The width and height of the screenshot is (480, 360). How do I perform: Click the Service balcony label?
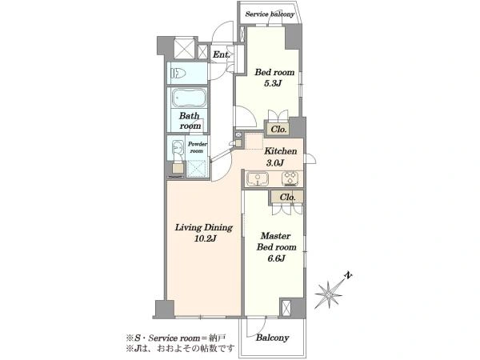pos(270,14)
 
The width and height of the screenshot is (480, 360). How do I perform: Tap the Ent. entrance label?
pos(222,54)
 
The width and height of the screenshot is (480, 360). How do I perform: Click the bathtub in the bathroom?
pos(189,98)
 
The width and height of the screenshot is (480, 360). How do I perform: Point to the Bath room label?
pos(190,121)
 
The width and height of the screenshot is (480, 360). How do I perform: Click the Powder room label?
pos(197,147)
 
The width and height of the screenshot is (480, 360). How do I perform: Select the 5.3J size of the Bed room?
pos(273,83)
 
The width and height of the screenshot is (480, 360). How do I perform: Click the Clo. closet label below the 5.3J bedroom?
pos(278,130)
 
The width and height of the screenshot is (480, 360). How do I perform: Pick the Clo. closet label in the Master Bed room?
pos(287,198)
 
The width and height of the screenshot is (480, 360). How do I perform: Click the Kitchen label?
pos(281,151)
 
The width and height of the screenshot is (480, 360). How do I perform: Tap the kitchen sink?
pos(258,178)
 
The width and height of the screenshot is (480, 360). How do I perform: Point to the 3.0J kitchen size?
pos(274,162)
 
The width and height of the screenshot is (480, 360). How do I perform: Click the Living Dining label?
pos(204,228)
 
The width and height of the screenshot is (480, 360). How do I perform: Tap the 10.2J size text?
pos(205,238)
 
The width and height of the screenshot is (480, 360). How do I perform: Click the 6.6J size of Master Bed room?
pos(277,258)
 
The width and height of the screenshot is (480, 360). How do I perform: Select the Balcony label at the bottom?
pos(273,338)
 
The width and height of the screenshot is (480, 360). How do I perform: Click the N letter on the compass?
pos(348,275)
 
